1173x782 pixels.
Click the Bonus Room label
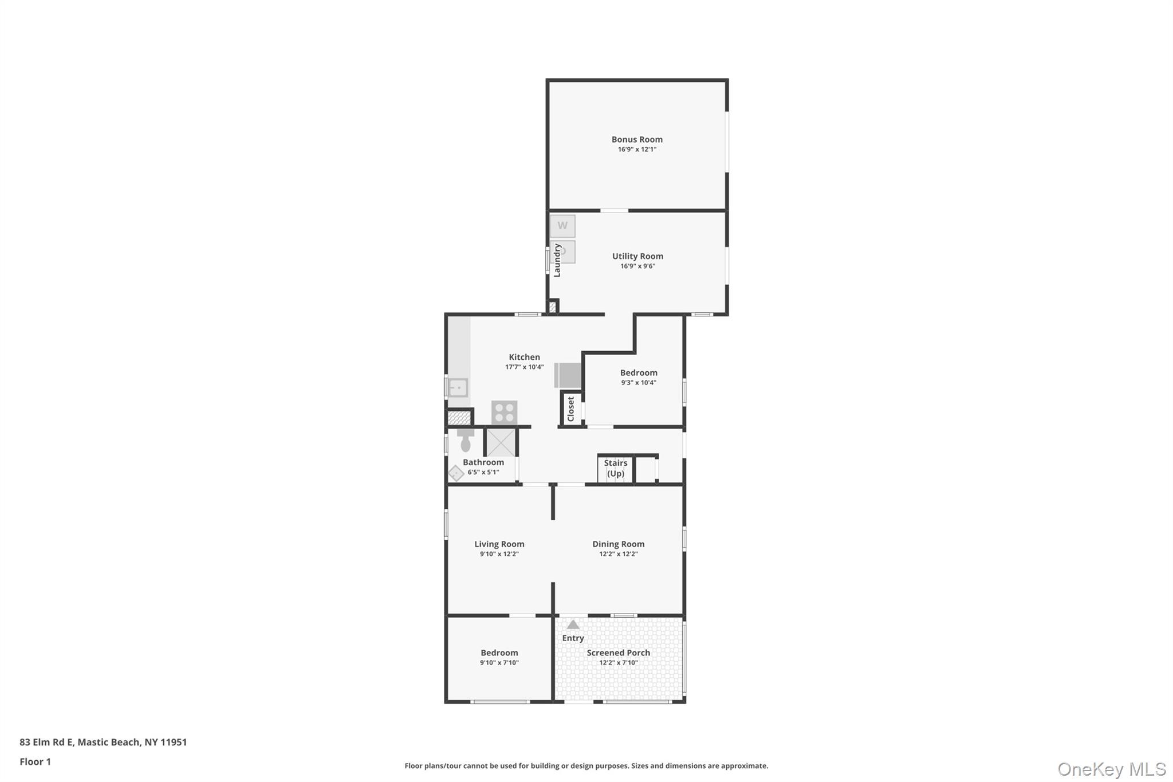point(637,139)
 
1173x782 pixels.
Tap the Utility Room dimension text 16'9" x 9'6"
point(637,266)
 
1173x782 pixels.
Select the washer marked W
point(562,226)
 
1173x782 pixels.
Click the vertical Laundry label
point(557,260)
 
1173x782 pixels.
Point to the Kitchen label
point(524,357)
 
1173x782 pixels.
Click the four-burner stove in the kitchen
point(504,412)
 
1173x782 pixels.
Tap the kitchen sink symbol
point(458,388)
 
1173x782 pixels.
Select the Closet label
point(570,409)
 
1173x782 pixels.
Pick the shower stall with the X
point(501,442)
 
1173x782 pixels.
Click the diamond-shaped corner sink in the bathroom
point(456,473)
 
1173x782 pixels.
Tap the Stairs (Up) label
point(616,468)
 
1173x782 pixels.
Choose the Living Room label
point(499,544)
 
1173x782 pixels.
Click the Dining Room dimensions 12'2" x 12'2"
point(618,554)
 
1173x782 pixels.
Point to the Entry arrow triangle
point(573,624)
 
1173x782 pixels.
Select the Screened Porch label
point(618,653)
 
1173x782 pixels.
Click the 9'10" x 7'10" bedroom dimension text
point(499,663)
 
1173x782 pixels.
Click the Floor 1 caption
point(35,761)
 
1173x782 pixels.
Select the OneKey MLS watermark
point(1111,769)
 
